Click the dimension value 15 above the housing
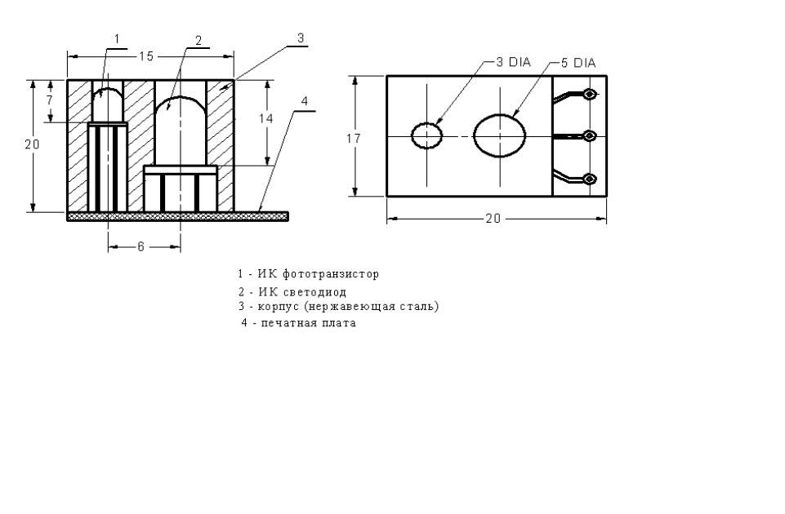(146, 56)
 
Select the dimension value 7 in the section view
(49, 100)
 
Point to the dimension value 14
(265, 118)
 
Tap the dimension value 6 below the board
(140, 246)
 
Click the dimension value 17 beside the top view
(354, 138)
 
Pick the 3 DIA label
(513, 62)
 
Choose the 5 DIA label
(578, 63)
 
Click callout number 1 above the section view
(117, 39)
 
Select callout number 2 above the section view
(198, 41)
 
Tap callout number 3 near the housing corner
(301, 38)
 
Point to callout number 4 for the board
(304, 101)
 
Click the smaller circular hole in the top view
(427, 135)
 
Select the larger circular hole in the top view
(500, 135)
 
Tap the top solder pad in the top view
(591, 94)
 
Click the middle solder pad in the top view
(591, 136)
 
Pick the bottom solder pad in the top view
(591, 179)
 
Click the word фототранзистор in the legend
(331, 274)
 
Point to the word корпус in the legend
(279, 306)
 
